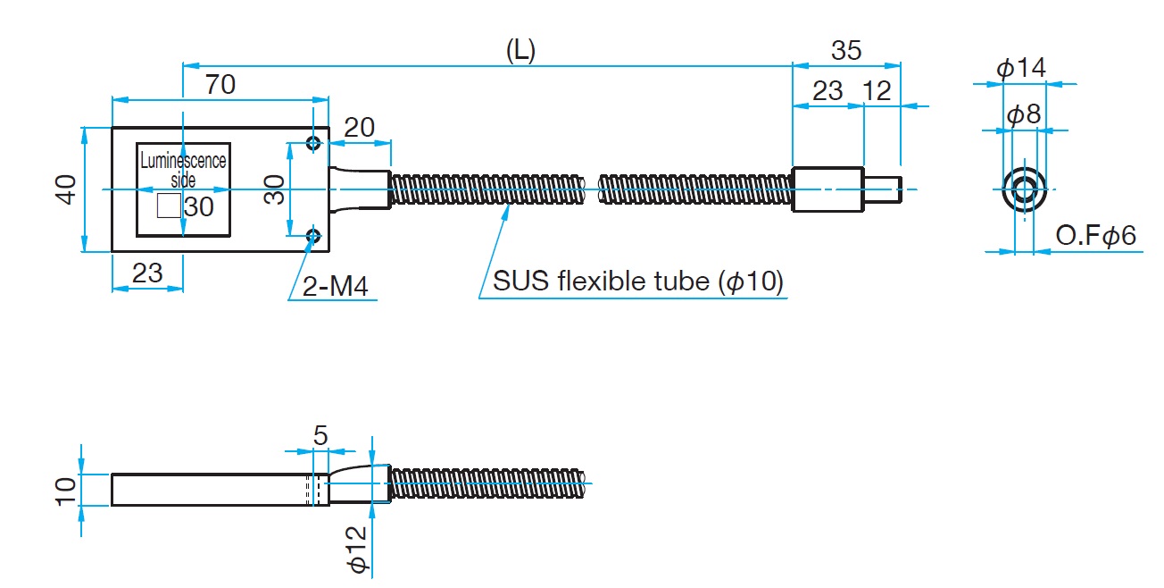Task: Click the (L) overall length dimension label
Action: pos(520,51)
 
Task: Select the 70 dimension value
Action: pos(220,85)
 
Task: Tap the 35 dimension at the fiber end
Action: pos(846,51)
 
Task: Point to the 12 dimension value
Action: pos(878,90)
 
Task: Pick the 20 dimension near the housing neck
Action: pos(359,128)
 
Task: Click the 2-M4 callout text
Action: pos(336,286)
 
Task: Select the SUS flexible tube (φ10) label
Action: pos(638,283)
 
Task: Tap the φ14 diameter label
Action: pos(1020,68)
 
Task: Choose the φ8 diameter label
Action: pos(1024,114)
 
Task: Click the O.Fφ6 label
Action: pos(1095,237)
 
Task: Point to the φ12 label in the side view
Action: pos(357,549)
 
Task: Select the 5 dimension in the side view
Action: pos(321,435)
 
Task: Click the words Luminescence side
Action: pos(183,170)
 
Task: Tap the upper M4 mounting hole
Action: pos(313,144)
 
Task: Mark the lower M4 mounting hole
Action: pos(313,236)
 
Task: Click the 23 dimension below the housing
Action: pos(147,273)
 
